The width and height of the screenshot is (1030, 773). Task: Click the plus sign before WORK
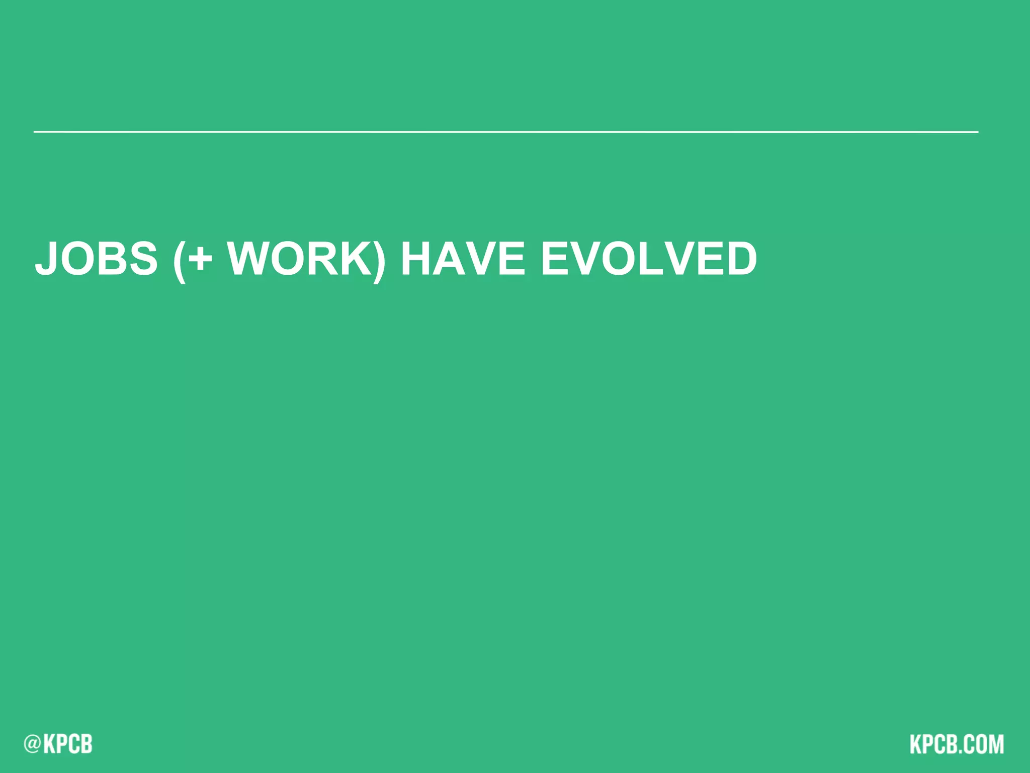click(x=200, y=260)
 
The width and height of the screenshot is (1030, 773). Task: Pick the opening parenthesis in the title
click(x=179, y=261)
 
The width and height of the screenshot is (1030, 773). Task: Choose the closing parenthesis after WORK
click(x=380, y=261)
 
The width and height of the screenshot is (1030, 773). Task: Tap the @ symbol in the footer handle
click(x=32, y=744)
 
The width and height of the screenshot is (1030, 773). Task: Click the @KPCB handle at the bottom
click(x=58, y=744)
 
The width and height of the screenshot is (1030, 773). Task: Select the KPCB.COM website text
click(x=956, y=744)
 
